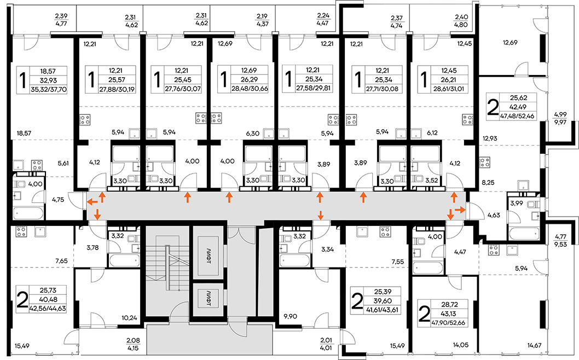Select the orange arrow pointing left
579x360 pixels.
coord(92,201)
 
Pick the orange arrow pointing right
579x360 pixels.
coord(460,210)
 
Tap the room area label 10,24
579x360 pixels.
coord(129,317)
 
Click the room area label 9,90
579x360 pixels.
coord(290,316)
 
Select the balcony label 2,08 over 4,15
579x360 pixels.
coord(133,344)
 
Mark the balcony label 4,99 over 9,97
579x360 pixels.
coord(560,118)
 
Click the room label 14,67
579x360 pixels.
coord(534,346)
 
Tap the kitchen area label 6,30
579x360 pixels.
coord(253,133)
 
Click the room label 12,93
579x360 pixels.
coord(490,138)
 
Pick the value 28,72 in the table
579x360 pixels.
coord(449,305)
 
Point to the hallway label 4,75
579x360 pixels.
coord(58,200)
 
